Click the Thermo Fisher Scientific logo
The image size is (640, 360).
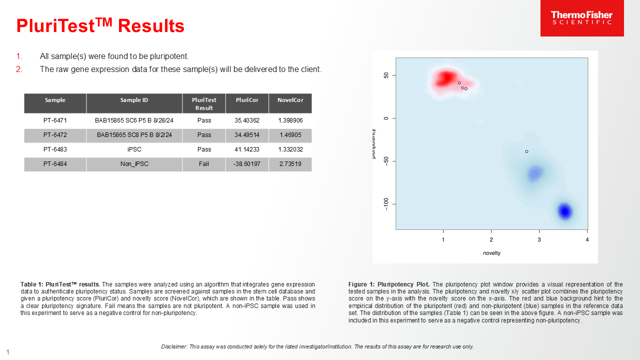pos(581,18)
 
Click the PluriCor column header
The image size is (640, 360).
pos(247,100)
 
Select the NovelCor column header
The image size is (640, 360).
pos(290,100)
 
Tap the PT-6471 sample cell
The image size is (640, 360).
pos(55,120)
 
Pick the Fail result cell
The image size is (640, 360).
pos(204,164)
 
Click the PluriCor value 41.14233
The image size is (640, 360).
pos(247,149)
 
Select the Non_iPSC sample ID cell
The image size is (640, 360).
pos(134,164)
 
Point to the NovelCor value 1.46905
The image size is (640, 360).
pos(290,135)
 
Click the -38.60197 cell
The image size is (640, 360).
pos(247,164)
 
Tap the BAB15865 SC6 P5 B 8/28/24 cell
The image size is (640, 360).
pos(134,120)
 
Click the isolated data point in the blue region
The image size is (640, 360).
pos(526,151)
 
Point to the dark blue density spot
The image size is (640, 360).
pos(565,211)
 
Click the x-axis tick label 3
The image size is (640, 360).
pos(539,239)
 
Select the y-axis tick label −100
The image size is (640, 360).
pos(386,204)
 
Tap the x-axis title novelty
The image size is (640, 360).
pos(491,253)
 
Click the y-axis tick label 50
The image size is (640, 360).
pos(386,75)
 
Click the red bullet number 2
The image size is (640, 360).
pos(19,69)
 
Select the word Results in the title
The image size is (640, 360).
pos(151,26)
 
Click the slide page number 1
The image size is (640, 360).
pos(8,352)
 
